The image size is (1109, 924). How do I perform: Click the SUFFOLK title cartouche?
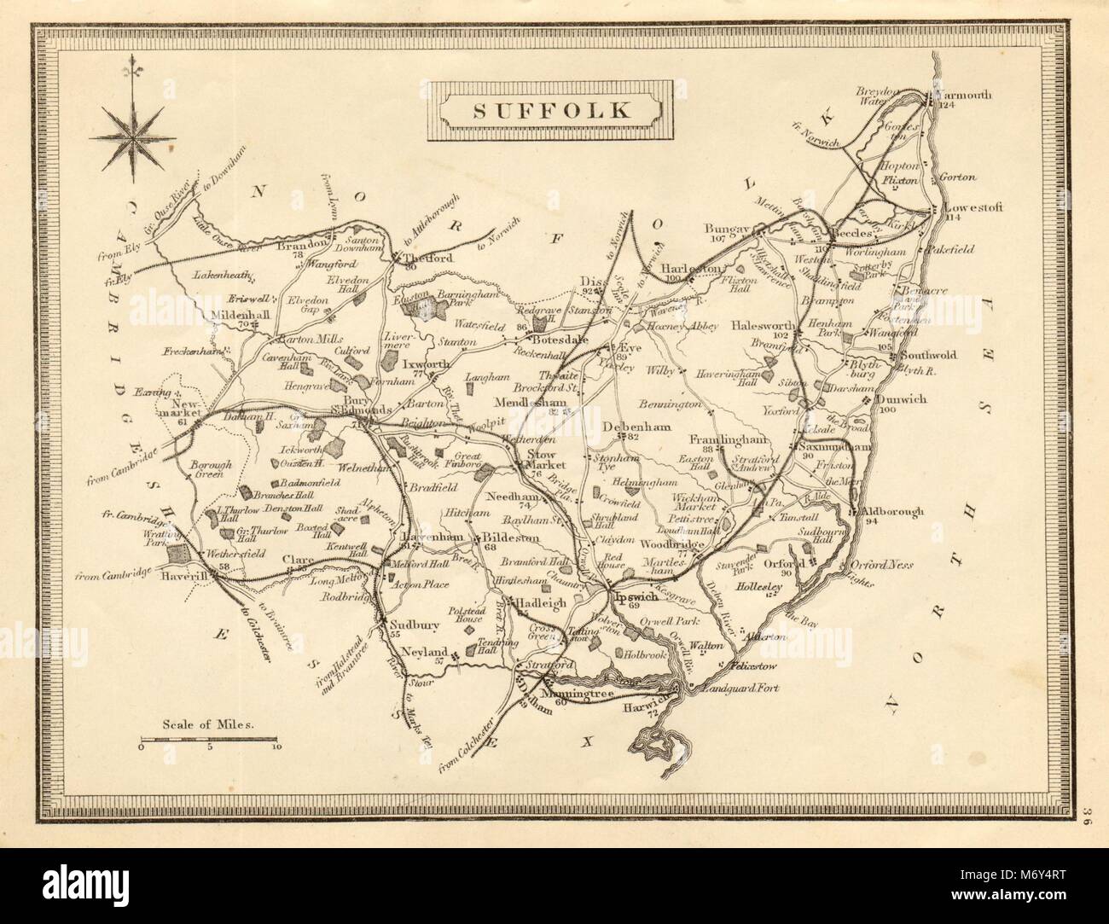(549, 109)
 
